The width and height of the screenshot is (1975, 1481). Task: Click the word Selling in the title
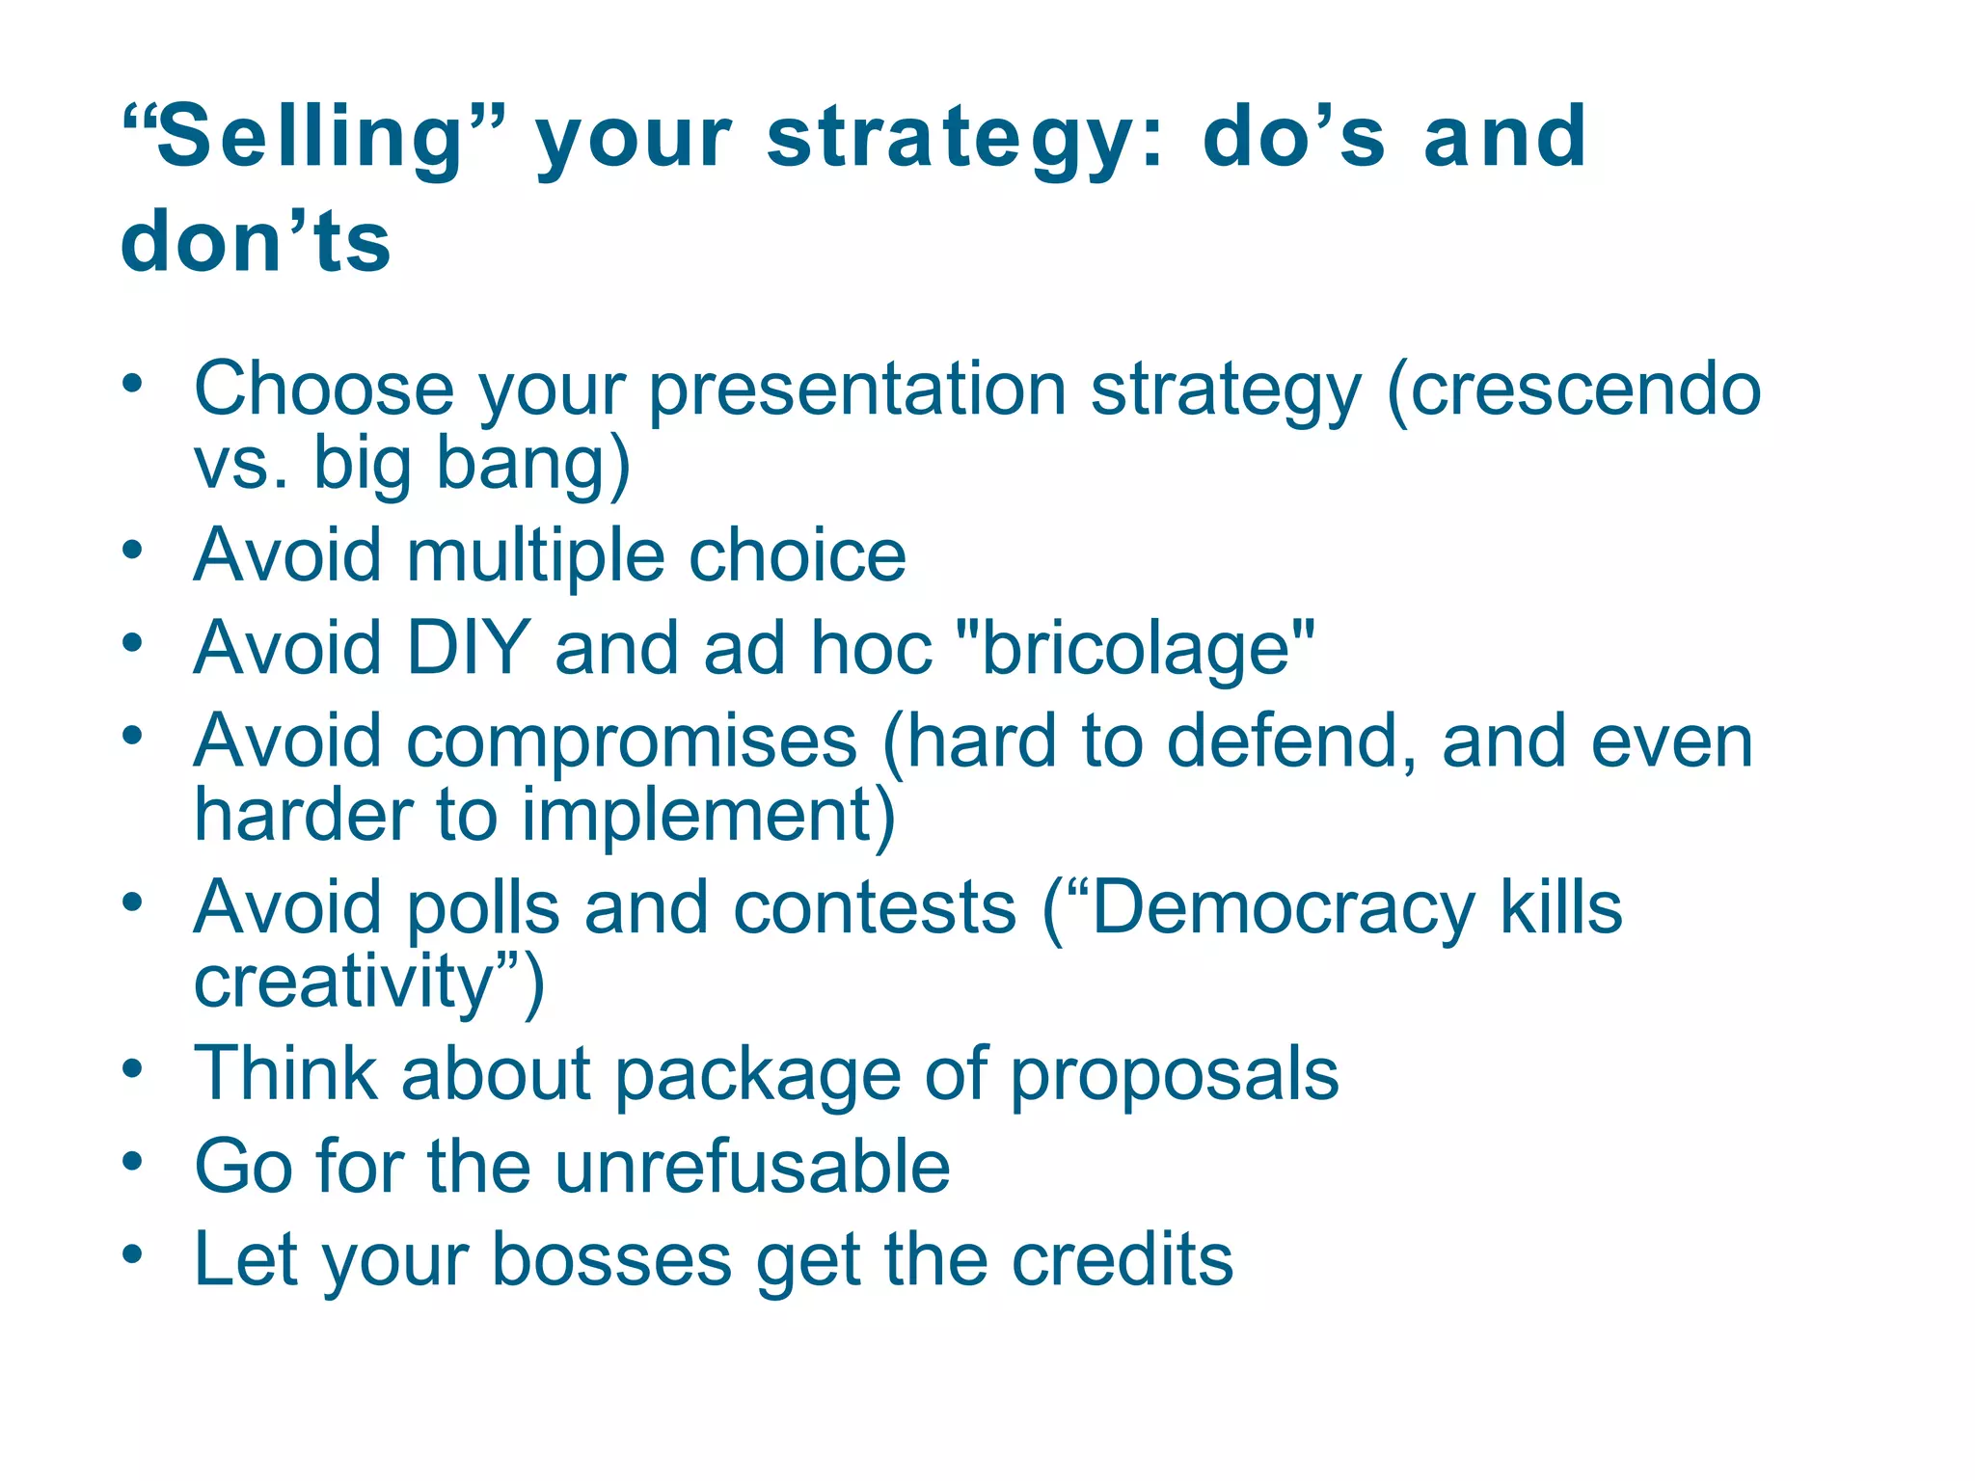pos(311,137)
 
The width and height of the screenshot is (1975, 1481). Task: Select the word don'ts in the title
pos(256,241)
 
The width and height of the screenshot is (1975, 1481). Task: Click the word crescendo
pos(1574,390)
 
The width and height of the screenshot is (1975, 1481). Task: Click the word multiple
pos(535,556)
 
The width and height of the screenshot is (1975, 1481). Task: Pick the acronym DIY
pos(468,648)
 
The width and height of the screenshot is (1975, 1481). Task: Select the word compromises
pos(632,740)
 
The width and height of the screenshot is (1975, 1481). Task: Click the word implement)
pos(709,816)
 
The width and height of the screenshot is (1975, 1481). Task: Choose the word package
pos(757,1074)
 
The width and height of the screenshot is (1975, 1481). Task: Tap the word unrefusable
pos(752,1167)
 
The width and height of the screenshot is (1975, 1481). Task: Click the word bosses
pos(611,1259)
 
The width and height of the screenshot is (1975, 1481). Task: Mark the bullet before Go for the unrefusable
pos(133,1161)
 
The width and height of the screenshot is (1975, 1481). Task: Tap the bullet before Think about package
pos(133,1068)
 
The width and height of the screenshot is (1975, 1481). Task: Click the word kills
pos(1561,908)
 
